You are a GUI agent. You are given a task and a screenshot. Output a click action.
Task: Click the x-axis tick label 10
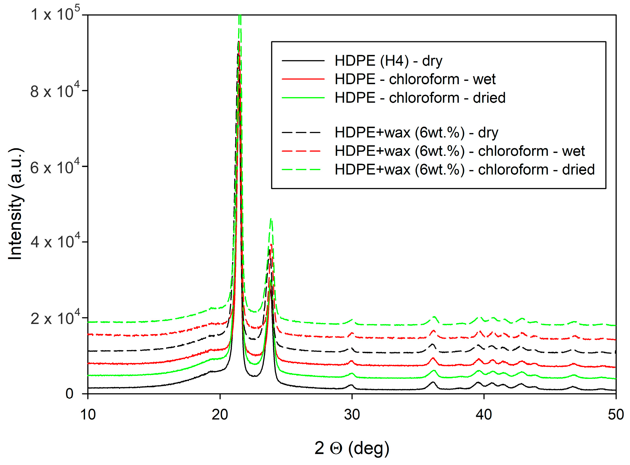click(x=88, y=415)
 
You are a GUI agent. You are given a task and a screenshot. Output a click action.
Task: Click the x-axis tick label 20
click(x=220, y=415)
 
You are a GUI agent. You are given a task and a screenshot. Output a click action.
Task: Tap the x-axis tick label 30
click(x=352, y=415)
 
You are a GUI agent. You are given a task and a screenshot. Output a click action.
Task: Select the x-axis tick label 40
click(x=484, y=415)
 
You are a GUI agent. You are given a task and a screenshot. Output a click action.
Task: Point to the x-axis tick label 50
click(x=616, y=415)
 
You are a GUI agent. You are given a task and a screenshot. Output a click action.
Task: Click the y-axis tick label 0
click(x=70, y=394)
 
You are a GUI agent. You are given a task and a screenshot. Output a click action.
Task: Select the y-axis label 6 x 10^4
click(x=55, y=167)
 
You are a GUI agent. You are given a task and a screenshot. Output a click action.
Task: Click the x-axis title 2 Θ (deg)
click(x=352, y=448)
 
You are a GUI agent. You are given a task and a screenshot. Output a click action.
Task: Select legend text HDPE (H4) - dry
click(x=389, y=61)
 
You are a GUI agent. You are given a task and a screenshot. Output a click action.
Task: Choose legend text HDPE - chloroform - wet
click(x=415, y=79)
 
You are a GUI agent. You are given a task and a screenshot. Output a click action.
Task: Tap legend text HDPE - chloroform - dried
click(x=420, y=98)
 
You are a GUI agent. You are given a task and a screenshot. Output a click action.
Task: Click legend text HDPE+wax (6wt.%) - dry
click(x=416, y=133)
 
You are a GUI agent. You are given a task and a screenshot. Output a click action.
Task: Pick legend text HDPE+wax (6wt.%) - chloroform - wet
click(x=460, y=151)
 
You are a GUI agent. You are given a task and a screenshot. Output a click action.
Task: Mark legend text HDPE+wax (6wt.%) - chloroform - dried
click(x=465, y=170)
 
